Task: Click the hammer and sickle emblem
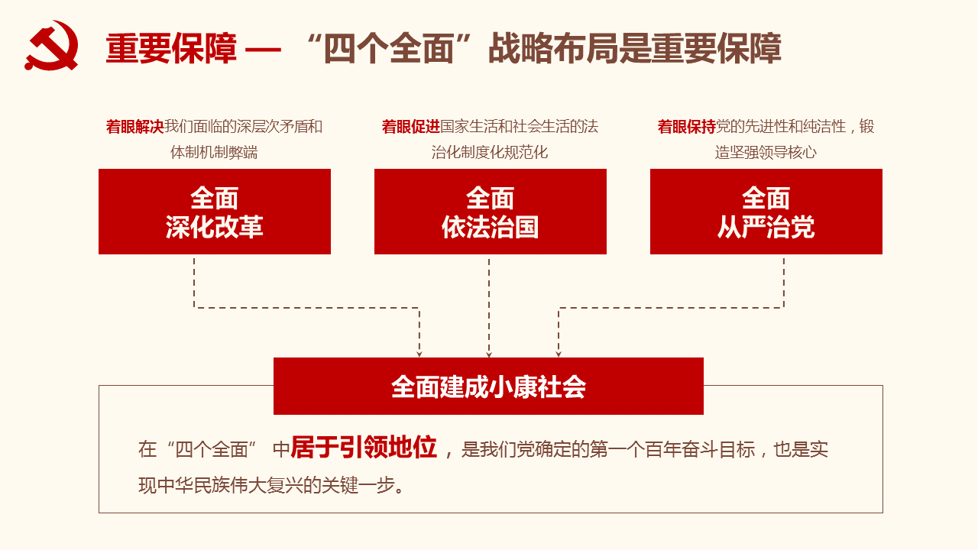pyautogui.click(x=51, y=45)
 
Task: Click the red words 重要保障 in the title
pyautogui.click(x=172, y=48)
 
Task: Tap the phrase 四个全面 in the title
pyautogui.click(x=389, y=48)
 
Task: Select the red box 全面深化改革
pyautogui.click(x=215, y=212)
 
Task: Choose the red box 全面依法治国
pyautogui.click(x=491, y=212)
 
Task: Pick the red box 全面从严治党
pyautogui.click(x=766, y=212)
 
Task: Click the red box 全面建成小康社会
pyautogui.click(x=488, y=387)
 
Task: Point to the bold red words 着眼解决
pyautogui.click(x=135, y=127)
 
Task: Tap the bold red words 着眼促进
pyautogui.click(x=411, y=127)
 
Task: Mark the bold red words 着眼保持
pyautogui.click(x=687, y=127)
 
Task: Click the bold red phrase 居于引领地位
pyautogui.click(x=364, y=448)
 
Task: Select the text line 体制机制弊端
pyautogui.click(x=214, y=152)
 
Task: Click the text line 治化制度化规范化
pyautogui.click(x=490, y=152)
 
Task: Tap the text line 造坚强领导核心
pyautogui.click(x=766, y=152)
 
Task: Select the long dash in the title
pyautogui.click(x=263, y=50)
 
